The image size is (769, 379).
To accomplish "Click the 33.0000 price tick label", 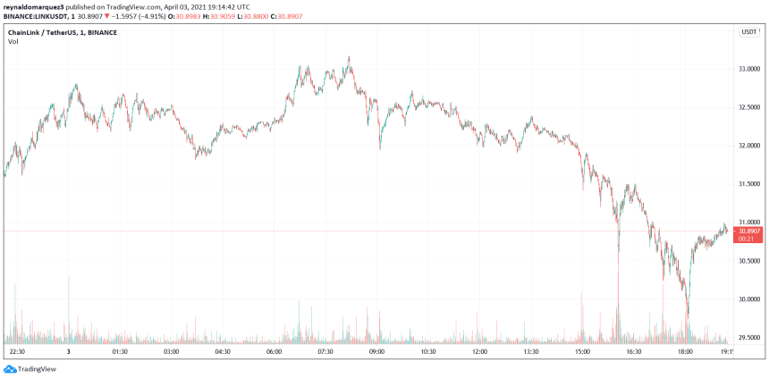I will (x=748, y=69).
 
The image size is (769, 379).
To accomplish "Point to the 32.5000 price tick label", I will (x=748, y=107).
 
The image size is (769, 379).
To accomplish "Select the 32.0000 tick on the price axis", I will (x=748, y=146).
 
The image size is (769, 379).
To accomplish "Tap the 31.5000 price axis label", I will (x=748, y=184).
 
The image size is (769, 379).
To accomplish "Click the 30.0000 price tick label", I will (x=748, y=299).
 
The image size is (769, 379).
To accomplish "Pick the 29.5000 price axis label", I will (x=748, y=338).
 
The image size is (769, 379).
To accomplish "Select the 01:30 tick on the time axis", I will (x=120, y=352).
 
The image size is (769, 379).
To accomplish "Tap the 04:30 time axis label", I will (x=223, y=352).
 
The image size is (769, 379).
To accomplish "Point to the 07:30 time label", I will (x=325, y=352).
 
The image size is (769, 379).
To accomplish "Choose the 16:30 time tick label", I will (x=634, y=352).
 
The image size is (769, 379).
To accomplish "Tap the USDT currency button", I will (x=748, y=31).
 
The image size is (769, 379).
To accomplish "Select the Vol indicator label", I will (x=13, y=43).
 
